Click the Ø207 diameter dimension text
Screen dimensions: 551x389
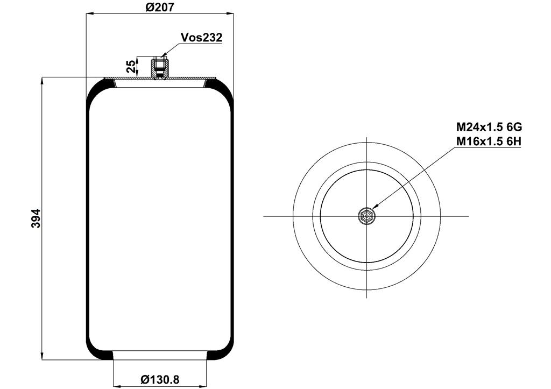point(159,6)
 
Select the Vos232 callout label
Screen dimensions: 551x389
point(201,37)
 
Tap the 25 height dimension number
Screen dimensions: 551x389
point(131,66)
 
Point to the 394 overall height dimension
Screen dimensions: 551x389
point(36,218)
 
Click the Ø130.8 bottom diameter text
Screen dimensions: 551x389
point(160,379)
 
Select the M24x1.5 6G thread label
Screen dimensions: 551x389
point(489,126)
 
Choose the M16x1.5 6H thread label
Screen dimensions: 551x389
point(489,142)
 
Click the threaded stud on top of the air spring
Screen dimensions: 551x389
point(160,69)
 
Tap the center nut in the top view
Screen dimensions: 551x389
point(366,216)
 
